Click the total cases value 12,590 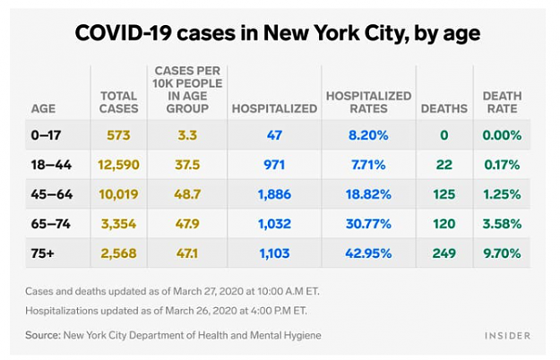click(118, 165)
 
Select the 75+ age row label click(42, 253)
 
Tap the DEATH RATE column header click(502, 102)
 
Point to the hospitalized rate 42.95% click(368, 253)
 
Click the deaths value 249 click(444, 253)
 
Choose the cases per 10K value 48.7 click(187, 194)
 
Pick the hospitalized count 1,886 click(274, 194)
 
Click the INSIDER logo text click(507, 336)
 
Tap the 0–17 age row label click(46, 135)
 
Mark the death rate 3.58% click(502, 224)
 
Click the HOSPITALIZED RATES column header click(368, 102)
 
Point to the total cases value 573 click(118, 135)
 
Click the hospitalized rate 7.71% click(368, 165)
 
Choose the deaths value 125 click(444, 194)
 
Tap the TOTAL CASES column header click(118, 102)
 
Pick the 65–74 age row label click(51, 224)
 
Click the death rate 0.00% click(502, 135)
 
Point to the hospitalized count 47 click(274, 135)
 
